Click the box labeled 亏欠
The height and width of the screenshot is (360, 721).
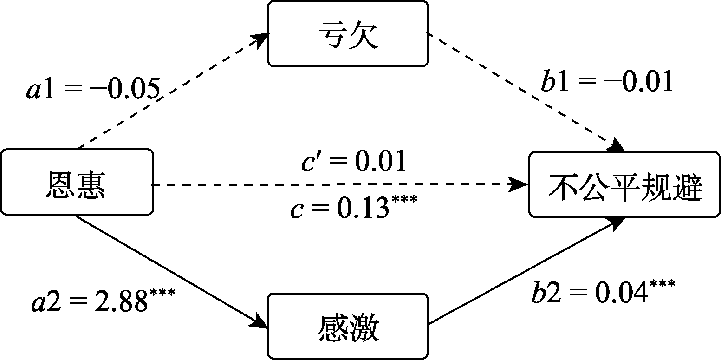point(348,33)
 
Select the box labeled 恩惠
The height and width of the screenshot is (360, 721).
point(77,182)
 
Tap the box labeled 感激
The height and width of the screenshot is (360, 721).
point(348,326)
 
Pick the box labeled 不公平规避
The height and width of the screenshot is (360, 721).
point(624,184)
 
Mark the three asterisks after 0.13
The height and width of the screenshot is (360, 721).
point(404,200)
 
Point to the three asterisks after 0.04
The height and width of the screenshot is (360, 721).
point(663,283)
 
